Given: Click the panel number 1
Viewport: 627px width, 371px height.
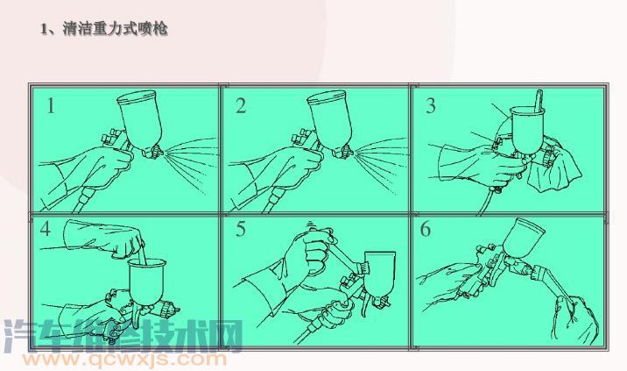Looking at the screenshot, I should (51, 107).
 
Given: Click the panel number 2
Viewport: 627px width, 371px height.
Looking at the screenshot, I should (241, 107).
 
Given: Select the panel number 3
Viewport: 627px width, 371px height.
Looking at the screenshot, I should (430, 107).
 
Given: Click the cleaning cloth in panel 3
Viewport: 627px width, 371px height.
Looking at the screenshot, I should (560, 170).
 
